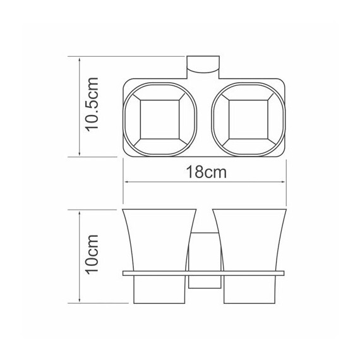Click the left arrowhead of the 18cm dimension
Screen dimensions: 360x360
(126, 183)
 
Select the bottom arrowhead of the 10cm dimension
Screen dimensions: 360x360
(78, 302)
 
